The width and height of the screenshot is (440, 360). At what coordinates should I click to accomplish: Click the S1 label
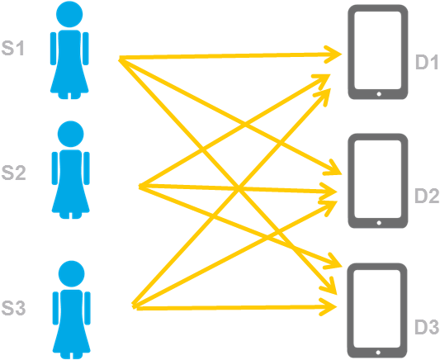point(13,48)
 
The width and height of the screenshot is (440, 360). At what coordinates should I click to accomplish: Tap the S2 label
point(13,173)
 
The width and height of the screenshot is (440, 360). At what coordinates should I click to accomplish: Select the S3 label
point(13,308)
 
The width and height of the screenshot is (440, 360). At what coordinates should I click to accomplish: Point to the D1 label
point(427,62)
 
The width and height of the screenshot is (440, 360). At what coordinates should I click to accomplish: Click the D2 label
point(427,196)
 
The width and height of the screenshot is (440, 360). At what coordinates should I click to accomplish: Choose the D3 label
point(427,327)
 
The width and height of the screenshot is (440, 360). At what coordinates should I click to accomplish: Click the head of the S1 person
point(69,14)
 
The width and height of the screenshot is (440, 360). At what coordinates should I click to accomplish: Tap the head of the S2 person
point(70,134)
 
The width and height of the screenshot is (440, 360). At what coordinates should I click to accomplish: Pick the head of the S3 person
point(71,274)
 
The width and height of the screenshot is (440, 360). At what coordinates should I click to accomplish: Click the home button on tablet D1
point(379,94)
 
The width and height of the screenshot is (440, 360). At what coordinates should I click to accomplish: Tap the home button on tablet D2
point(379,223)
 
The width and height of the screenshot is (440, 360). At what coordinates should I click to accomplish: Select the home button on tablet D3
point(378,353)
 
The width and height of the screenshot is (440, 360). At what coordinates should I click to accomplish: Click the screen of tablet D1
point(378,50)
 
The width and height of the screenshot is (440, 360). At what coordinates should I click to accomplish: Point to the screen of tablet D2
point(378,179)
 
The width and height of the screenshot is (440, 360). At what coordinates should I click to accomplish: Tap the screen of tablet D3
point(377,309)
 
